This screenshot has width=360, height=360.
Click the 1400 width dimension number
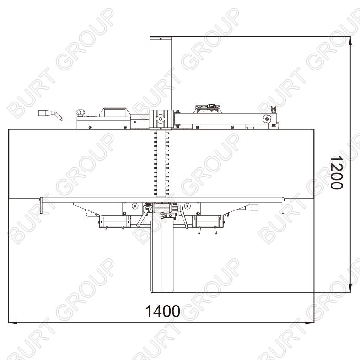pyautogui.click(x=162, y=311)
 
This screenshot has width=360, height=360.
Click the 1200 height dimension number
pyautogui.click(x=336, y=172)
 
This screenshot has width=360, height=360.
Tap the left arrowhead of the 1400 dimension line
pyautogui.click(x=13, y=322)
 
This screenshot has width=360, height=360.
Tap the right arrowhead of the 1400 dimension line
pyautogui.click(x=310, y=322)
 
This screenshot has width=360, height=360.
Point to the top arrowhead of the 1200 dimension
pyautogui.click(x=350, y=41)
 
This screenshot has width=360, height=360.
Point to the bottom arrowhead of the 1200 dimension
pyautogui.click(x=350, y=288)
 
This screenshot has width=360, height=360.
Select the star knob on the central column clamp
pyautogui.click(x=160, y=119)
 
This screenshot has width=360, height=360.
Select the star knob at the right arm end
pyautogui.click(x=267, y=118)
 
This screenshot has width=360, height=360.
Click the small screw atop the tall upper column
pyautogui.click(x=161, y=38)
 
